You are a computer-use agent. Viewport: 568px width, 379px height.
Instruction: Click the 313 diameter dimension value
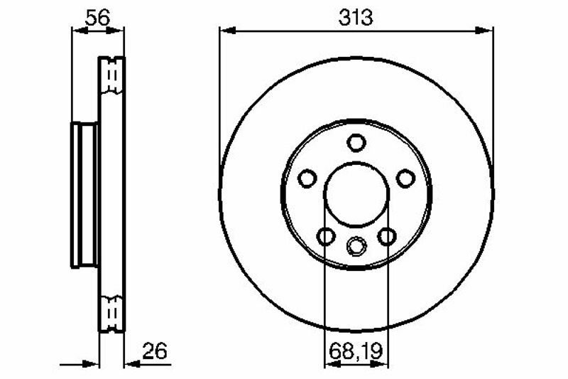356,17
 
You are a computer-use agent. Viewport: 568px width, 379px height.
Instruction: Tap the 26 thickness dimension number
155,351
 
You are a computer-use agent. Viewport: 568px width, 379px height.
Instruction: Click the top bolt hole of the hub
356,142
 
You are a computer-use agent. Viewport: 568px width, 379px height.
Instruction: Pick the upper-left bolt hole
307,178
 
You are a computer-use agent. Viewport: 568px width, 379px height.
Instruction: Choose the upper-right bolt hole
405,178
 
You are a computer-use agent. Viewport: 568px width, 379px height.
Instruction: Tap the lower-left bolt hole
326,237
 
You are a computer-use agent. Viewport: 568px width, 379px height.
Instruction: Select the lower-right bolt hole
386,237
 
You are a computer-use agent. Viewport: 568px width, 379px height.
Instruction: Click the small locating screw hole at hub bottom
356,246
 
